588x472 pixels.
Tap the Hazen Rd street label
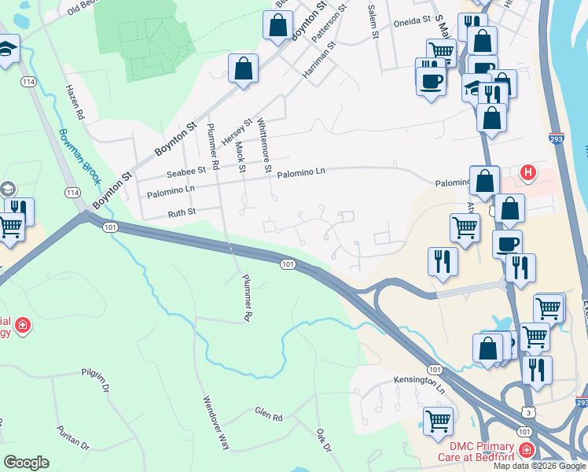[x=75, y=101]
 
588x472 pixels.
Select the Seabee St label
[x=186, y=171]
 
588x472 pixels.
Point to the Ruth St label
[x=182, y=212]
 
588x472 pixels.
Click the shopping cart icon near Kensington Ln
[x=437, y=420]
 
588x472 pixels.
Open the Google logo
[x=26, y=463]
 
